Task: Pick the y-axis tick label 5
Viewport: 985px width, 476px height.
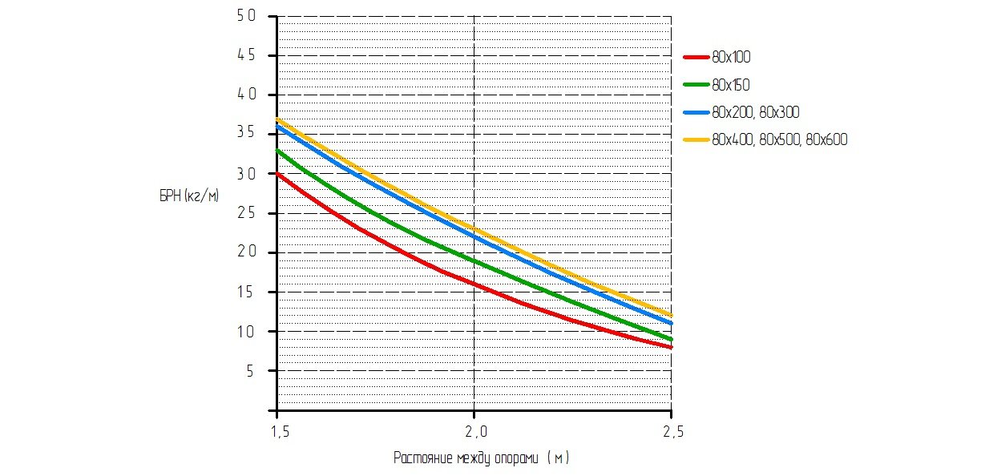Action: (250, 371)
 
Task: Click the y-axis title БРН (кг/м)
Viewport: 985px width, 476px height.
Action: (189, 196)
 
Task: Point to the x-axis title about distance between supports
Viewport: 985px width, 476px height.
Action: (482, 458)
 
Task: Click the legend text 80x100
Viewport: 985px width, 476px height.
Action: (731, 57)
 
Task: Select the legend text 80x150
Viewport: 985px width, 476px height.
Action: (731, 84)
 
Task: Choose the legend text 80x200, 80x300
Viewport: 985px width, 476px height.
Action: (756, 112)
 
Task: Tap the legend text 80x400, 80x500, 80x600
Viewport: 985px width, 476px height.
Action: (779, 139)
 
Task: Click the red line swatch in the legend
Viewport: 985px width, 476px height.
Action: (695, 57)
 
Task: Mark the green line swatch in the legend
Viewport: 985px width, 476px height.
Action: (695, 84)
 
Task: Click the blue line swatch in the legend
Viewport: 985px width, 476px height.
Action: (695, 112)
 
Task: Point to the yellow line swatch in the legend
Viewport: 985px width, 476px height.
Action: (695, 139)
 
